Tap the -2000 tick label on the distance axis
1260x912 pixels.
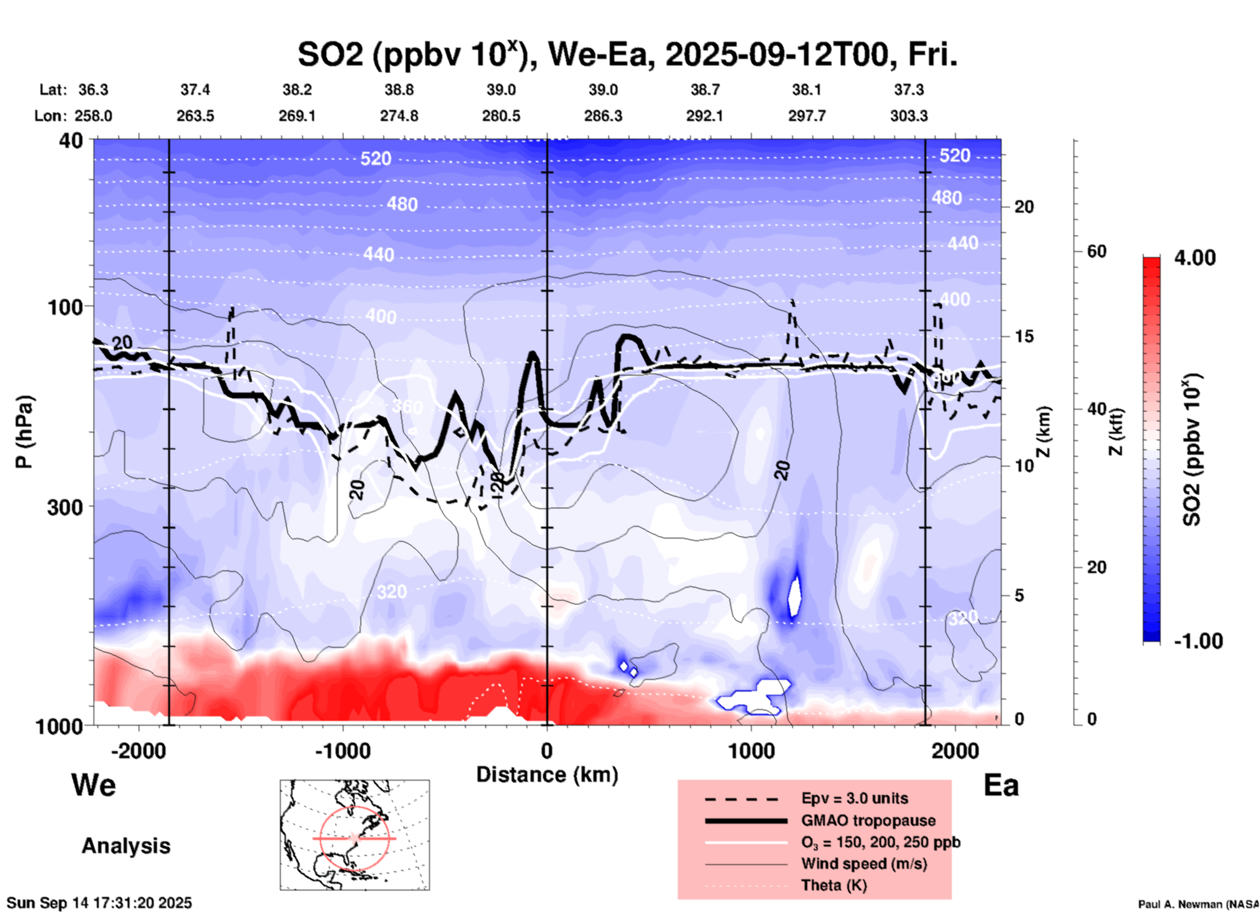[138, 750]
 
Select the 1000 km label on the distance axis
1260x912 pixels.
[751, 750]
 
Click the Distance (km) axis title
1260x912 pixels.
[547, 775]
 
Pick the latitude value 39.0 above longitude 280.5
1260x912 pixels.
[501, 90]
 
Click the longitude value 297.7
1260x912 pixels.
[807, 116]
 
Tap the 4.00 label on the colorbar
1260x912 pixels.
[1195, 258]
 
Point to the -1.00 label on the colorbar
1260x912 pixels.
[1198, 641]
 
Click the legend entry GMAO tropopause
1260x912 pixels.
[868, 820]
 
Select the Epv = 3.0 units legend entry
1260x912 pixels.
[854, 798]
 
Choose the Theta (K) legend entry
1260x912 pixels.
[833, 885]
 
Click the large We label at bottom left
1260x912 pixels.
[94, 784]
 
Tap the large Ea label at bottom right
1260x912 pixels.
[1001, 785]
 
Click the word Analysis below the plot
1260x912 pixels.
[126, 846]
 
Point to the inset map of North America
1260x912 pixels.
[355, 835]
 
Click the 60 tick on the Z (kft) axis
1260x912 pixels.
[1096, 251]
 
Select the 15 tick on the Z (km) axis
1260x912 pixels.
[1024, 336]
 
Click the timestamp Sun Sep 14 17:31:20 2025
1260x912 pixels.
[99, 903]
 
